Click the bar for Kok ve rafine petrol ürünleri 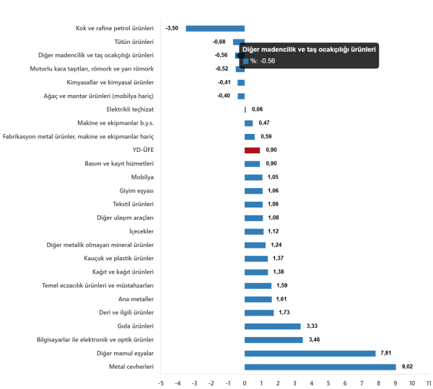coord(215,28)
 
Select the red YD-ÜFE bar coord(252,150)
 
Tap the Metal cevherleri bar coord(320,367)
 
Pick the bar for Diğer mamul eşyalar coord(310,353)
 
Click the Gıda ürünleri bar coord(272,326)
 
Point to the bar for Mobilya coord(253,177)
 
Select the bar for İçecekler coord(254,231)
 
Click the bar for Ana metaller coord(258,299)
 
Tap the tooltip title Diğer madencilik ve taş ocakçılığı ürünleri coord(309,50)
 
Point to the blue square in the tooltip coord(246,61)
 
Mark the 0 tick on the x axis coord(244,382)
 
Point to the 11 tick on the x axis coord(429,382)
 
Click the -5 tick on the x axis coord(160,382)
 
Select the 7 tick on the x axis coord(362,382)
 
